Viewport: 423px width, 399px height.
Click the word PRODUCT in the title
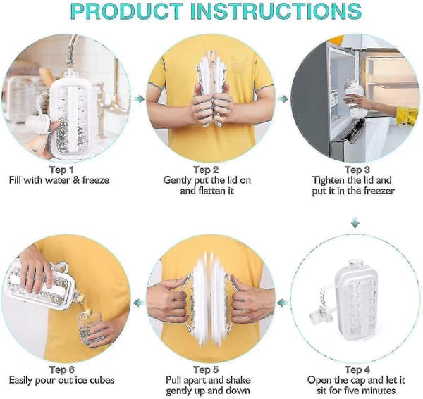127,11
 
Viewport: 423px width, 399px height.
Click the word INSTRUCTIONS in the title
276,11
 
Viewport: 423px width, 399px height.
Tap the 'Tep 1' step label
61,170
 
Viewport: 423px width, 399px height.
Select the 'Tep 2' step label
206,170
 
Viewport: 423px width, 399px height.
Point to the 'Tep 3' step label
357,170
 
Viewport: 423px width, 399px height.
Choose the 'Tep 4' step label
357,369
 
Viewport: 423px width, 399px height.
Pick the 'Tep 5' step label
206,369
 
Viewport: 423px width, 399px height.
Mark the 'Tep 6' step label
62,369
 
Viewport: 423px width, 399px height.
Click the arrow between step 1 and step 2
140,99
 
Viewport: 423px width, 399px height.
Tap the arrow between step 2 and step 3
283,99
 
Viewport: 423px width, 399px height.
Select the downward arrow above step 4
355,224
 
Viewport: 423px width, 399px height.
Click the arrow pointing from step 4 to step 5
283,303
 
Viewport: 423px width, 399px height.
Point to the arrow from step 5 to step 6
139,303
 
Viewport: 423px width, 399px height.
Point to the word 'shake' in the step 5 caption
238,380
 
